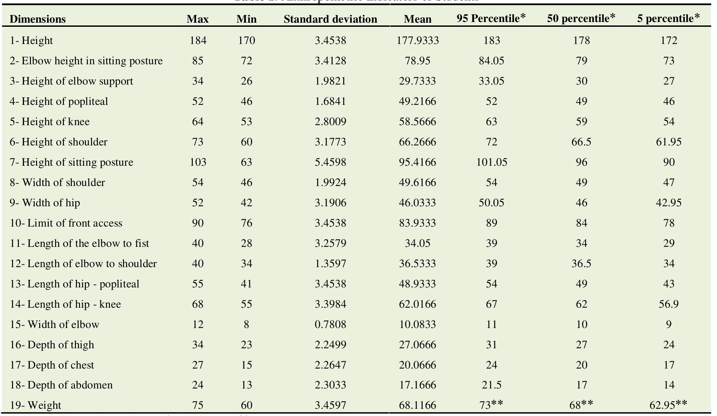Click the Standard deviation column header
click(x=330, y=19)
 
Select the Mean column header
click(x=417, y=19)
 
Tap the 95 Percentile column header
click(x=491, y=19)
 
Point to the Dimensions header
click(x=37, y=19)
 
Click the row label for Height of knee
click(x=50, y=122)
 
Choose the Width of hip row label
click(x=45, y=203)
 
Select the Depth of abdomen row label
click(x=61, y=385)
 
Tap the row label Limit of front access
click(x=66, y=223)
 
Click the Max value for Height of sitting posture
click(x=198, y=162)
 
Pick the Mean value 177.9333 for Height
click(x=417, y=41)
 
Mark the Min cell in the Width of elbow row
click(x=246, y=325)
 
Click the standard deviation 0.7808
click(x=330, y=325)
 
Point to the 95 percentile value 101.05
click(x=491, y=162)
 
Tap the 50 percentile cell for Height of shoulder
click(x=581, y=142)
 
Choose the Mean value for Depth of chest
click(x=417, y=365)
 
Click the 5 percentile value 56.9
click(x=668, y=304)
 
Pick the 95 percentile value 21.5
click(x=491, y=385)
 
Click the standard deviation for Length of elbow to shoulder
click(x=330, y=264)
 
